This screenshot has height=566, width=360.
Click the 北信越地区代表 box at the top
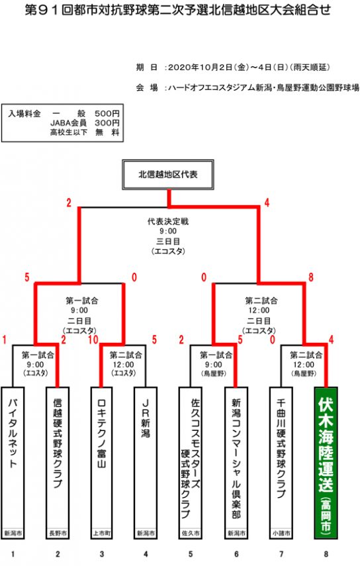tap(168, 175)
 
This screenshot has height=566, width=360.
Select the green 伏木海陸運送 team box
tap(326, 463)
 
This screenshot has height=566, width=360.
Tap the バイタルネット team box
tap(13, 463)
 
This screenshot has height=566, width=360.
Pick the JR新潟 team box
tap(146, 463)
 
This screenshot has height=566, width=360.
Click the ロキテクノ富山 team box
tap(101, 463)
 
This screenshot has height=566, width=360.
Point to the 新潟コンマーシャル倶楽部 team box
tap(236, 463)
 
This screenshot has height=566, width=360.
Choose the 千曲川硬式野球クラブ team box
tap(281, 463)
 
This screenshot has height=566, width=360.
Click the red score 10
tap(93, 340)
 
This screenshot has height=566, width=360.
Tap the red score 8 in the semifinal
tap(310, 277)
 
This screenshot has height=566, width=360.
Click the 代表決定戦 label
tap(168, 221)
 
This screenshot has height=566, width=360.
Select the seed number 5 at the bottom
tap(191, 553)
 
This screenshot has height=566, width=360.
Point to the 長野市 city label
tap(58, 533)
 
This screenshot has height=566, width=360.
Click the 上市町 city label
tap(101, 533)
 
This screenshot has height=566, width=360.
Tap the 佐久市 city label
tap(191, 533)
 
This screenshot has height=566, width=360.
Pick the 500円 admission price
tap(107, 114)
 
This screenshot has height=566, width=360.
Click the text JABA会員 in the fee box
tap(69, 123)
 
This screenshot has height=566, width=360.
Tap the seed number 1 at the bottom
tap(13, 553)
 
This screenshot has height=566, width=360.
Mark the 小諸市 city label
tap(281, 533)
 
